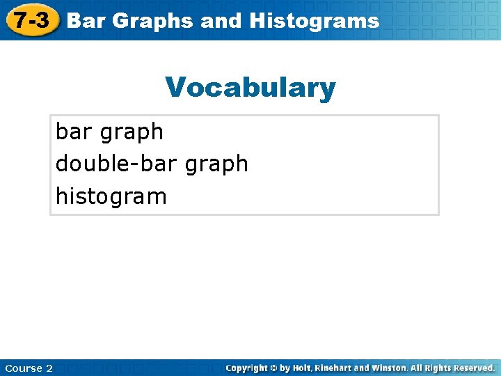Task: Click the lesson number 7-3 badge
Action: pyautogui.click(x=32, y=20)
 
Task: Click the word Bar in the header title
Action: pyautogui.click(x=87, y=21)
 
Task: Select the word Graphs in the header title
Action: pyautogui.click(x=152, y=21)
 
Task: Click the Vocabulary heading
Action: pyautogui.click(x=250, y=88)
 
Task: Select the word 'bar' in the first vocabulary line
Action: pyautogui.click(x=76, y=131)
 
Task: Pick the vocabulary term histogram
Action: pyautogui.click(x=111, y=196)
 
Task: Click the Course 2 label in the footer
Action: pyautogui.click(x=28, y=368)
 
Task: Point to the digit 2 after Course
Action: pyautogui.click(x=49, y=368)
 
